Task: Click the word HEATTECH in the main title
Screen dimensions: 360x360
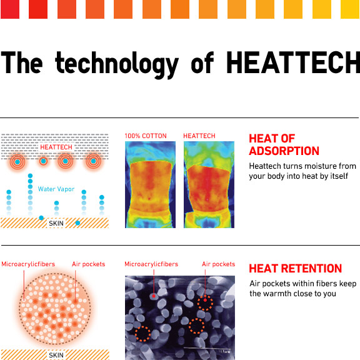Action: click(x=293, y=62)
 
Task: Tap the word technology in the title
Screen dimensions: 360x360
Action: click(x=117, y=65)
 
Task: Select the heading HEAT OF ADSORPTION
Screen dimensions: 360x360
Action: click(x=284, y=145)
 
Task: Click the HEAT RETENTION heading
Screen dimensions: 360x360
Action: click(x=296, y=268)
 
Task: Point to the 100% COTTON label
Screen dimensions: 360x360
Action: click(x=146, y=136)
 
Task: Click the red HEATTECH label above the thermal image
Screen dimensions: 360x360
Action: click(x=199, y=136)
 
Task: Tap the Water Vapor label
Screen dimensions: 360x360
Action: click(x=56, y=189)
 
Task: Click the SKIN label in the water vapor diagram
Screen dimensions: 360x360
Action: click(x=56, y=223)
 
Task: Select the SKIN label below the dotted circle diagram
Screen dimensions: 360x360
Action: click(x=56, y=355)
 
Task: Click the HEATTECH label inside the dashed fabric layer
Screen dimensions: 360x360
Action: click(x=56, y=147)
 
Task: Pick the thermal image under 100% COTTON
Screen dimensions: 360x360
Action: click(x=150, y=184)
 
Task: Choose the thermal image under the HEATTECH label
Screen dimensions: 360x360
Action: click(x=209, y=184)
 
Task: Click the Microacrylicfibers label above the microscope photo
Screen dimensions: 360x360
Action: click(x=151, y=264)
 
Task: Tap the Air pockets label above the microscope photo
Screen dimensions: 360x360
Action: click(x=218, y=264)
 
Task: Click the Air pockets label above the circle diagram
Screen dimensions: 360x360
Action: click(x=88, y=264)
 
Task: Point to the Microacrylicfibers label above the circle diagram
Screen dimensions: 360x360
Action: click(x=28, y=264)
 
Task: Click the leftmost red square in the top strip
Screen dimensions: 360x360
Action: click(x=10, y=9)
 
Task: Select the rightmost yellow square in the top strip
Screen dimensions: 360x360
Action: click(x=350, y=9)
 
